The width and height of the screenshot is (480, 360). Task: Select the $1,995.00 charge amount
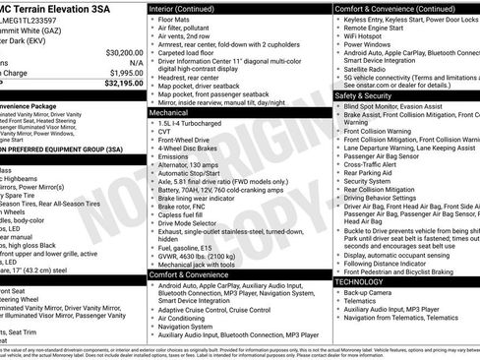coord(125,74)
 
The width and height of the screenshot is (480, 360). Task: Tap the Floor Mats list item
coord(177,19)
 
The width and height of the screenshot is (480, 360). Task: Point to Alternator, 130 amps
coord(194,164)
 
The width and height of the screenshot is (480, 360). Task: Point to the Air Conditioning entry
coord(186,319)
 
